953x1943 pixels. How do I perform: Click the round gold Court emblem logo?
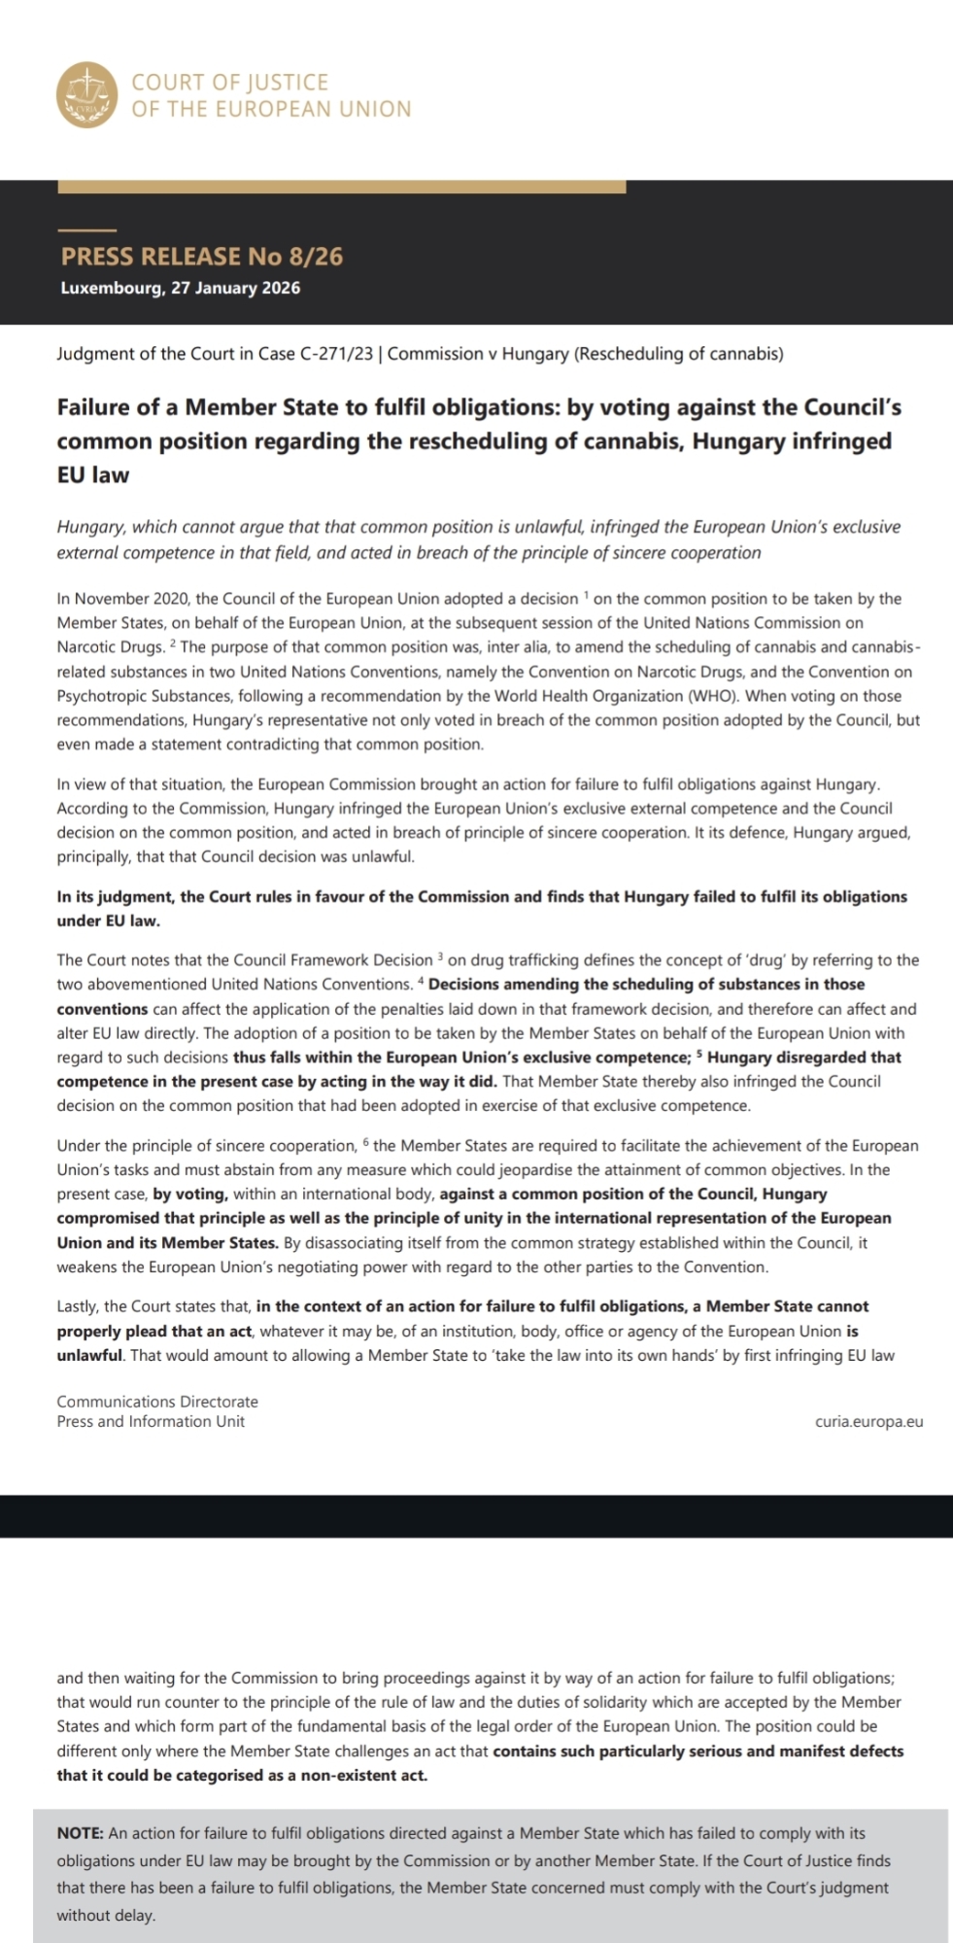point(88,95)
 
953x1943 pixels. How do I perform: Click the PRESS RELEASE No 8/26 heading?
point(202,257)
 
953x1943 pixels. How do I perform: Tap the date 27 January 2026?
point(236,288)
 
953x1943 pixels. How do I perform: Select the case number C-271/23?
point(337,354)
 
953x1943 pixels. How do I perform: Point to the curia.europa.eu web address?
point(869,1421)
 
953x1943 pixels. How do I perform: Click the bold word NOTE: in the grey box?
point(81,1833)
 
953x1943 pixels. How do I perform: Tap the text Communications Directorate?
point(157,1402)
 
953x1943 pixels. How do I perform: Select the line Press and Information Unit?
point(151,1421)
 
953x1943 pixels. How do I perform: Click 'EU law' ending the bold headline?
point(92,475)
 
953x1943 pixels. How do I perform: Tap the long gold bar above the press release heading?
point(341,187)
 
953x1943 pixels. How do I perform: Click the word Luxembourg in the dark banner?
point(111,288)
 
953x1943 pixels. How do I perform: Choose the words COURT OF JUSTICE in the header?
point(230,83)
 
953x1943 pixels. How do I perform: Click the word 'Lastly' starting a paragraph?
point(77,1306)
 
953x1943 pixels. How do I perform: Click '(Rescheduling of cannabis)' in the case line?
point(678,354)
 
